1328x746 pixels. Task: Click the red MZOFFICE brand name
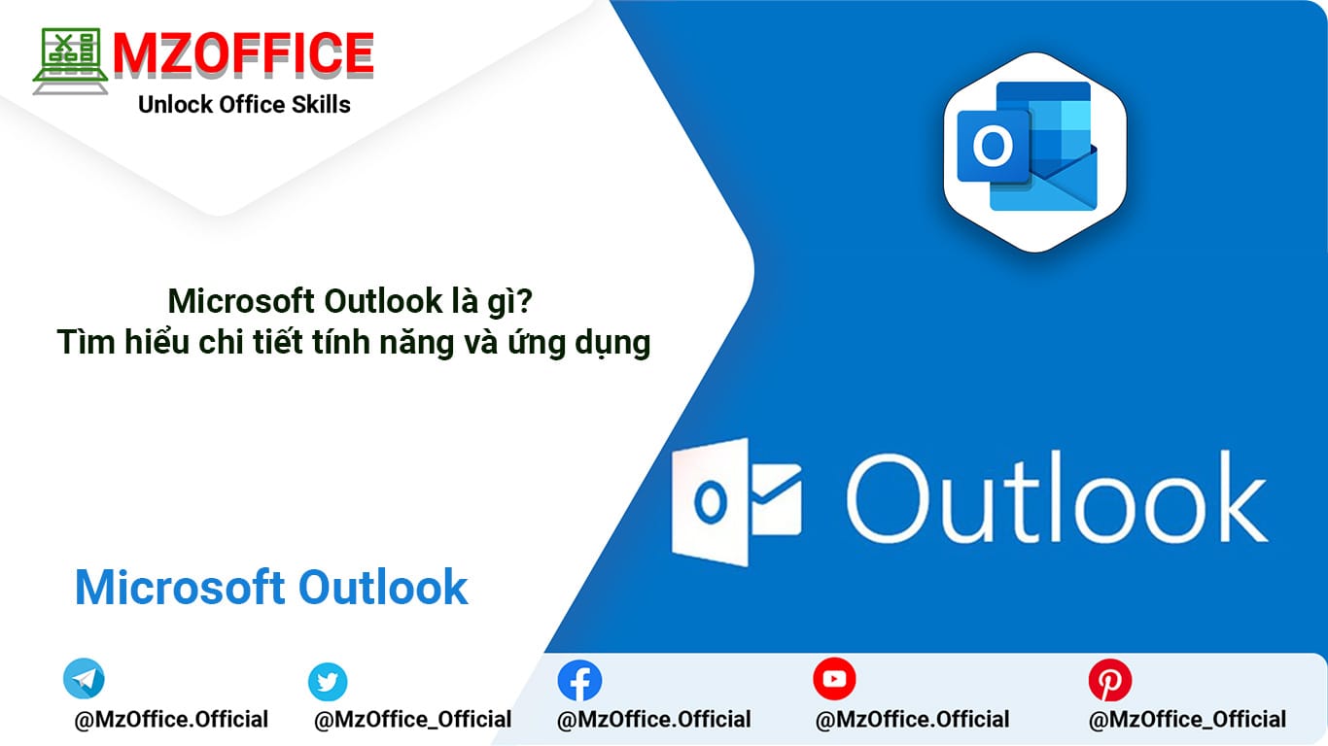click(244, 54)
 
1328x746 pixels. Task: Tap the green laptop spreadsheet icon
click(71, 61)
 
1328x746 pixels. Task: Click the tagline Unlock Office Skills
click(244, 104)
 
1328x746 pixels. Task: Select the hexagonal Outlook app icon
click(1034, 153)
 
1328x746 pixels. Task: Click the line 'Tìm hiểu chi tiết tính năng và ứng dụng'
click(354, 343)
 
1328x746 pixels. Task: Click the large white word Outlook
click(1057, 496)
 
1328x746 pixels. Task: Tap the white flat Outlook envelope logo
click(737, 502)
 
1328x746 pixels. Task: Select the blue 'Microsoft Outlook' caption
click(271, 588)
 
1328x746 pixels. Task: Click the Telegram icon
click(84, 678)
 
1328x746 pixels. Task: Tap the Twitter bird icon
click(328, 682)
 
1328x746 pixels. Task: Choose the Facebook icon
click(579, 681)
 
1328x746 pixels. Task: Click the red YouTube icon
click(834, 679)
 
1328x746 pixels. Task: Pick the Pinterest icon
click(1110, 680)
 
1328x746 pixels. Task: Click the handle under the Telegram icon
click(171, 720)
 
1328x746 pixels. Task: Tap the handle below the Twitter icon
click(412, 720)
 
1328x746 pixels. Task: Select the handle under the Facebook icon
click(654, 720)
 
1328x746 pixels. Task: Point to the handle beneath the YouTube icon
click(913, 720)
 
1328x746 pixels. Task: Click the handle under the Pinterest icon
click(1187, 720)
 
